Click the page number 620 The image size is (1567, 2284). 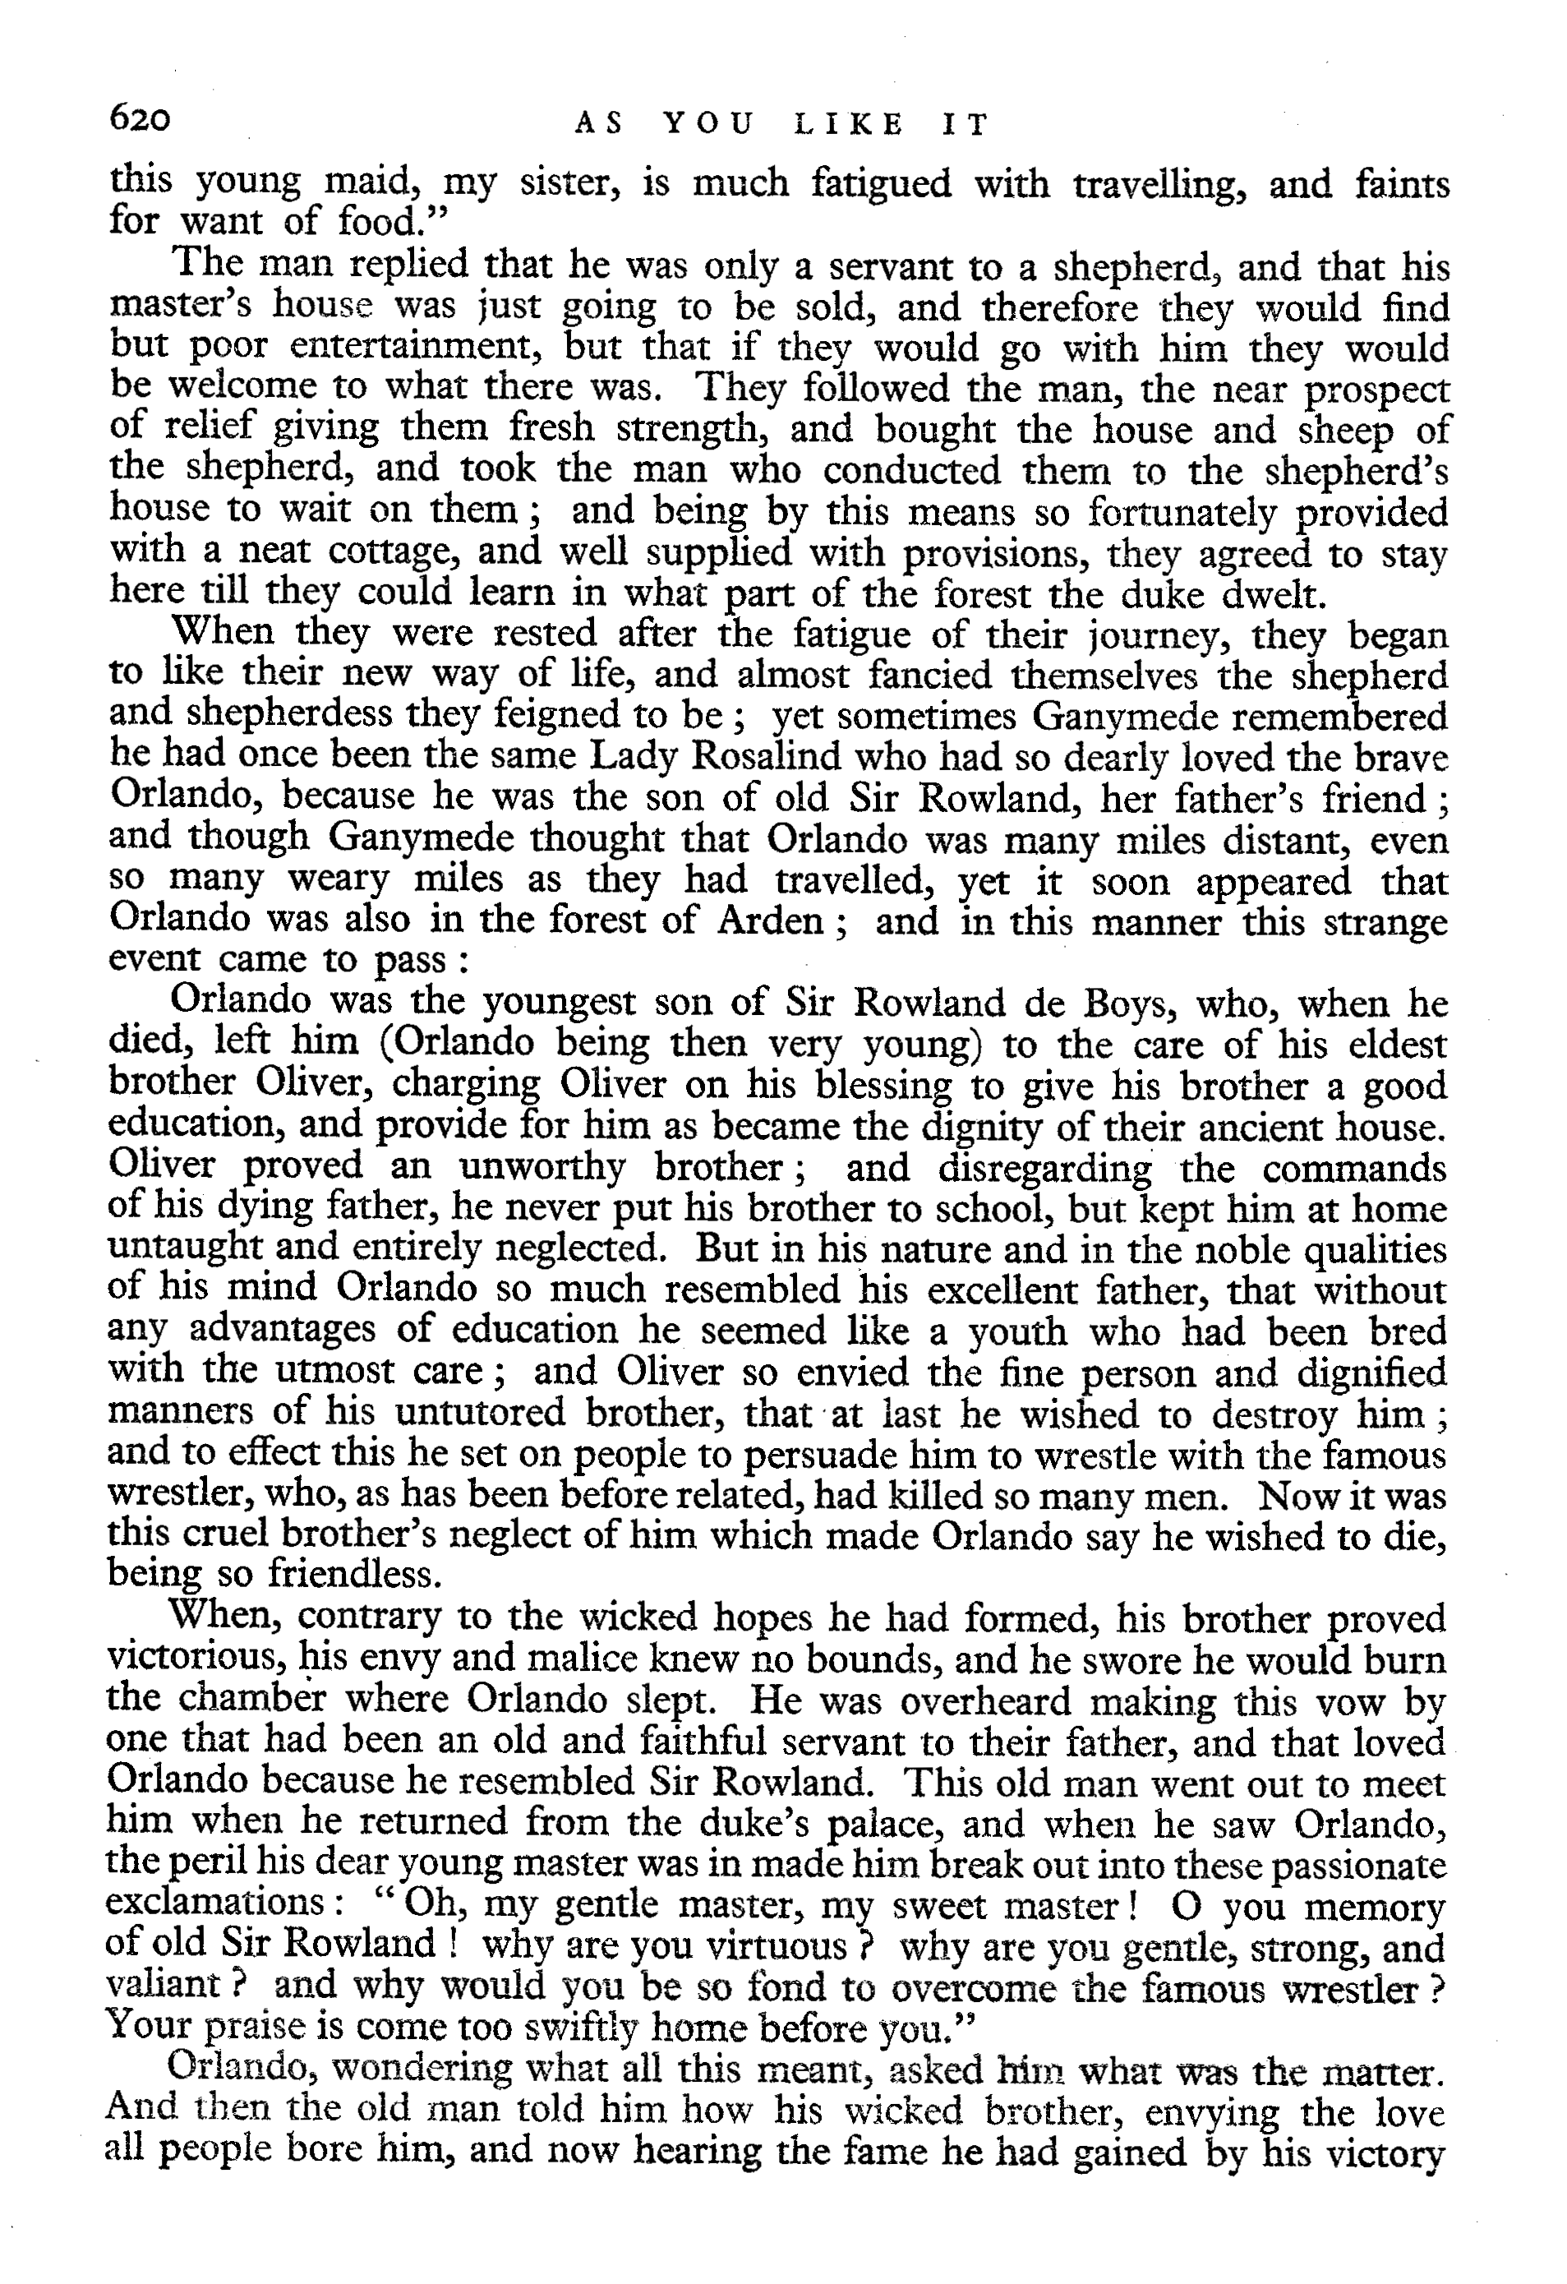click(x=141, y=120)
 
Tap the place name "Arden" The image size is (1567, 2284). click(x=769, y=921)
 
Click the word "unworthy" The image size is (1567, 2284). click(x=542, y=1168)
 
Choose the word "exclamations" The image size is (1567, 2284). click(x=215, y=1904)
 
